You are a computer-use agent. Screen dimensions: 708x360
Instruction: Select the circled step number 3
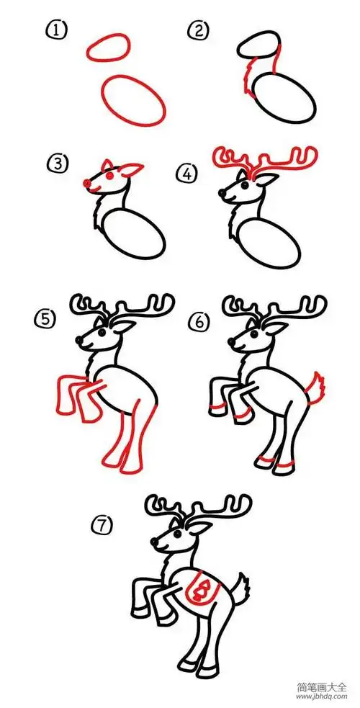pyautogui.click(x=57, y=165)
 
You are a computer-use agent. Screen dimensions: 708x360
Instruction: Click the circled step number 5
pyautogui.click(x=46, y=318)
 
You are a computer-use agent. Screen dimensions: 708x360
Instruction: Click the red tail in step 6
pyautogui.click(x=315, y=390)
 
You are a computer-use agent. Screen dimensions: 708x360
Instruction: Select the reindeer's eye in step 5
pyautogui.click(x=98, y=333)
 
